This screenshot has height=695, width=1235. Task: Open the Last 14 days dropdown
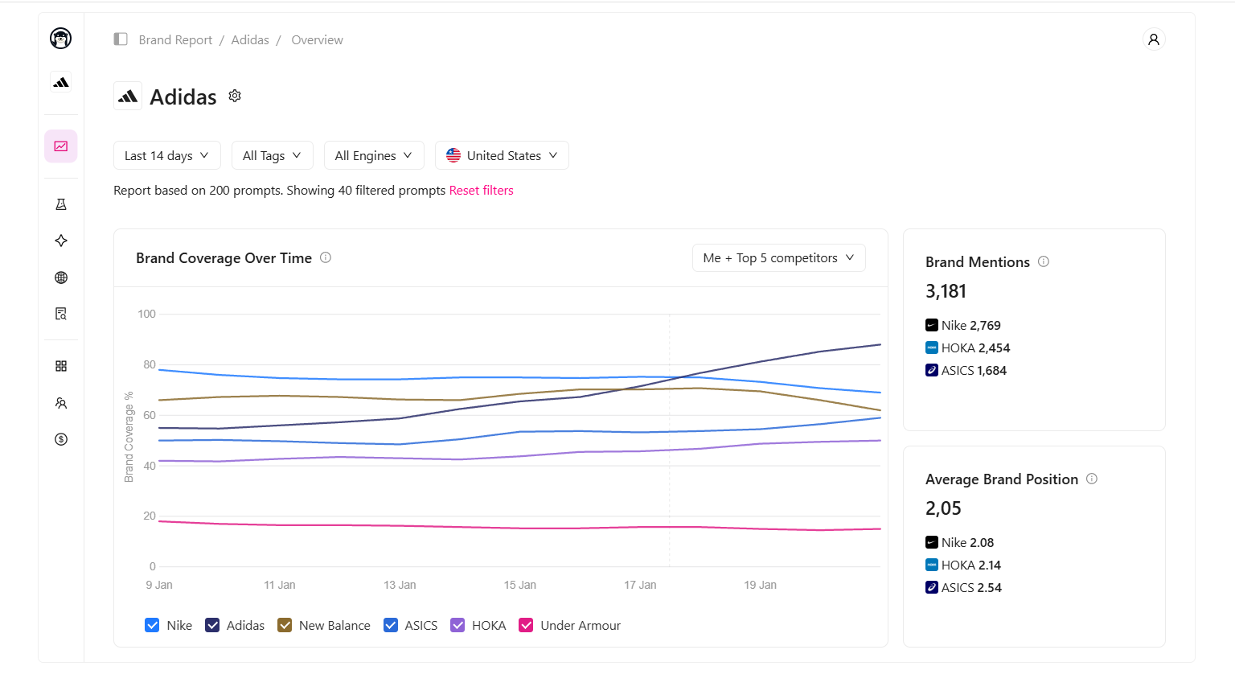[x=166, y=155]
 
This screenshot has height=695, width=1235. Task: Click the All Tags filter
[x=272, y=155]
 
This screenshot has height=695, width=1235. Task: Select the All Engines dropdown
[x=373, y=155]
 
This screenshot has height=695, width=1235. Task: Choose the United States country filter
[x=502, y=155]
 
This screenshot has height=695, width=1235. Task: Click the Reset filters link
[x=481, y=191]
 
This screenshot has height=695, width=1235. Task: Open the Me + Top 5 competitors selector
[x=778, y=258]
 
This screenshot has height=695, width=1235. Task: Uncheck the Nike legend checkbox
[x=152, y=625]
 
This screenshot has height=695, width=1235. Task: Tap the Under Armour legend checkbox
[x=527, y=625]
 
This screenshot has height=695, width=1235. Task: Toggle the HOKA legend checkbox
[x=457, y=625]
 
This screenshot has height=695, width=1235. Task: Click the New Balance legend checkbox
[x=285, y=625]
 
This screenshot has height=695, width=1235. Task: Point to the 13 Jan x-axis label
[x=400, y=585]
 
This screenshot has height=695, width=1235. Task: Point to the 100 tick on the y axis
[x=146, y=314]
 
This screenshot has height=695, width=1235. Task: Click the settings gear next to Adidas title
[x=235, y=96]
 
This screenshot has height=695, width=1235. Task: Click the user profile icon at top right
[x=1154, y=39]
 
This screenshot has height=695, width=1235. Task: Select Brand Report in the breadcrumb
[x=175, y=40]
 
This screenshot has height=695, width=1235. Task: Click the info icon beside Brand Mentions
[x=1044, y=261]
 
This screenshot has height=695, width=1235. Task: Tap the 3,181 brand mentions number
[x=946, y=291]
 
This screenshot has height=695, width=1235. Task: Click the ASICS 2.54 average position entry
[x=963, y=588]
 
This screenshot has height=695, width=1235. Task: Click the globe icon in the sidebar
[x=61, y=278]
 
